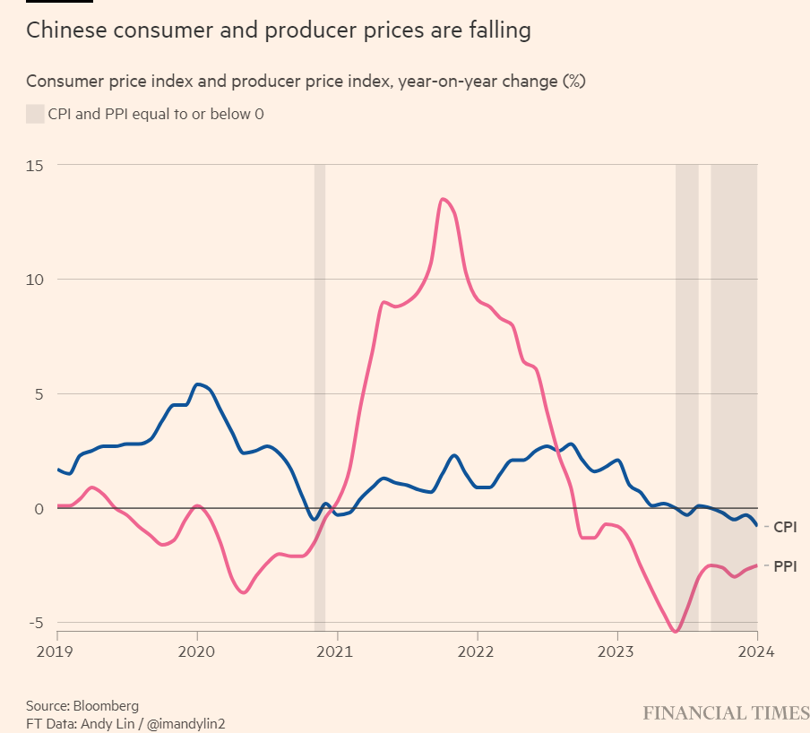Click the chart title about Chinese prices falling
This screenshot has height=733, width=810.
(278, 30)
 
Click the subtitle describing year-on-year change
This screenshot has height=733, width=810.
(305, 82)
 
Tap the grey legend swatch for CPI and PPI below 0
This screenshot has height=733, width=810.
(35, 114)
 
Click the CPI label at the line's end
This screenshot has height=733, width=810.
(785, 528)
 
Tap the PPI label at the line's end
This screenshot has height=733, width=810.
(785, 566)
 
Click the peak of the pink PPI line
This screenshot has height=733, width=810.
(443, 199)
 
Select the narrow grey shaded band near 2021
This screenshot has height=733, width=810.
(319, 394)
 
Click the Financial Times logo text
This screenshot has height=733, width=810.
(726, 713)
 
